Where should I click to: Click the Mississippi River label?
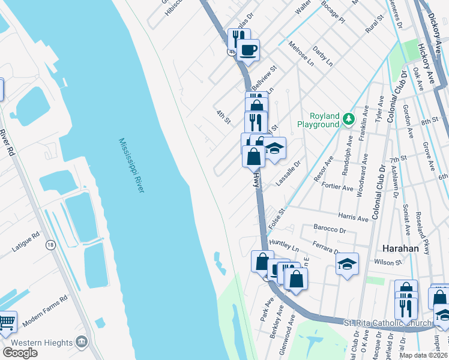[131, 166]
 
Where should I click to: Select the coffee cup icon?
[247, 50]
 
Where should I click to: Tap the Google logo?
[20, 353]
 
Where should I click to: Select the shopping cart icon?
[6, 322]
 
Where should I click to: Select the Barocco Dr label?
[330, 229]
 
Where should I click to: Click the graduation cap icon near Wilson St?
[347, 263]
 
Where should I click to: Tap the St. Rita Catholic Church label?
[388, 323]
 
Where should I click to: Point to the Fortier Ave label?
[338, 187]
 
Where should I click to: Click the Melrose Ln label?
[301, 54]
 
